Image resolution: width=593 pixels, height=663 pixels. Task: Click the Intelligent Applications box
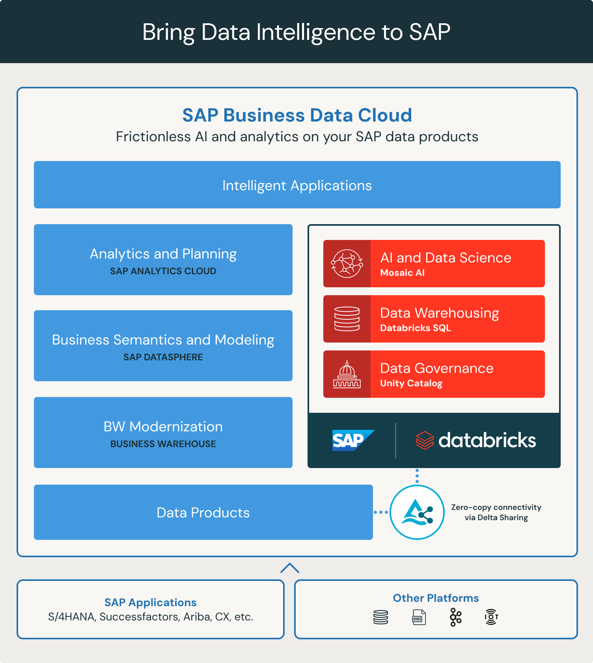click(297, 185)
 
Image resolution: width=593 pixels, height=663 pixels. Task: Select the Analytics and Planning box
click(163, 259)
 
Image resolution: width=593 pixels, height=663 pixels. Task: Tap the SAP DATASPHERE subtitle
click(163, 357)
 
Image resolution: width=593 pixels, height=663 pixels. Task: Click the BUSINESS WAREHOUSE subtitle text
click(163, 444)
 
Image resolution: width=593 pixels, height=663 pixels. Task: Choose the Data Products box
click(203, 512)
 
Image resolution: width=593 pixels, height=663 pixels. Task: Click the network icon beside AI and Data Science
click(347, 264)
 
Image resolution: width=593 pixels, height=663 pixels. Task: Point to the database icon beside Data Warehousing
click(347, 319)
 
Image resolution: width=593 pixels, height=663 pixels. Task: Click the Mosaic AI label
click(402, 273)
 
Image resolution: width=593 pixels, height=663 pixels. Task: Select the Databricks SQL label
click(415, 328)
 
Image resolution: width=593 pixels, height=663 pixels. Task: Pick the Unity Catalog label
click(411, 383)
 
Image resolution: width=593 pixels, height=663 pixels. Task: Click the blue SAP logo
click(352, 440)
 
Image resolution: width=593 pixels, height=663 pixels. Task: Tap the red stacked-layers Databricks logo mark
click(425, 440)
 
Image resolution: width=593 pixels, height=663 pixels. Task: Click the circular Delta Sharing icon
click(417, 512)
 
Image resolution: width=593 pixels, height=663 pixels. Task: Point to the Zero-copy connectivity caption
click(496, 512)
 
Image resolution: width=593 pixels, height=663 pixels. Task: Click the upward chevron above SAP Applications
click(290, 568)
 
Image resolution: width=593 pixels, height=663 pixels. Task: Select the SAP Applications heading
click(150, 602)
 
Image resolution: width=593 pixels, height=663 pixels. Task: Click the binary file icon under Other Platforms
click(418, 617)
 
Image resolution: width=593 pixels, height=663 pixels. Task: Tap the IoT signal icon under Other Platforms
click(491, 617)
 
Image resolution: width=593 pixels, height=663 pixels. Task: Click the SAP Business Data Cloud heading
click(297, 115)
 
